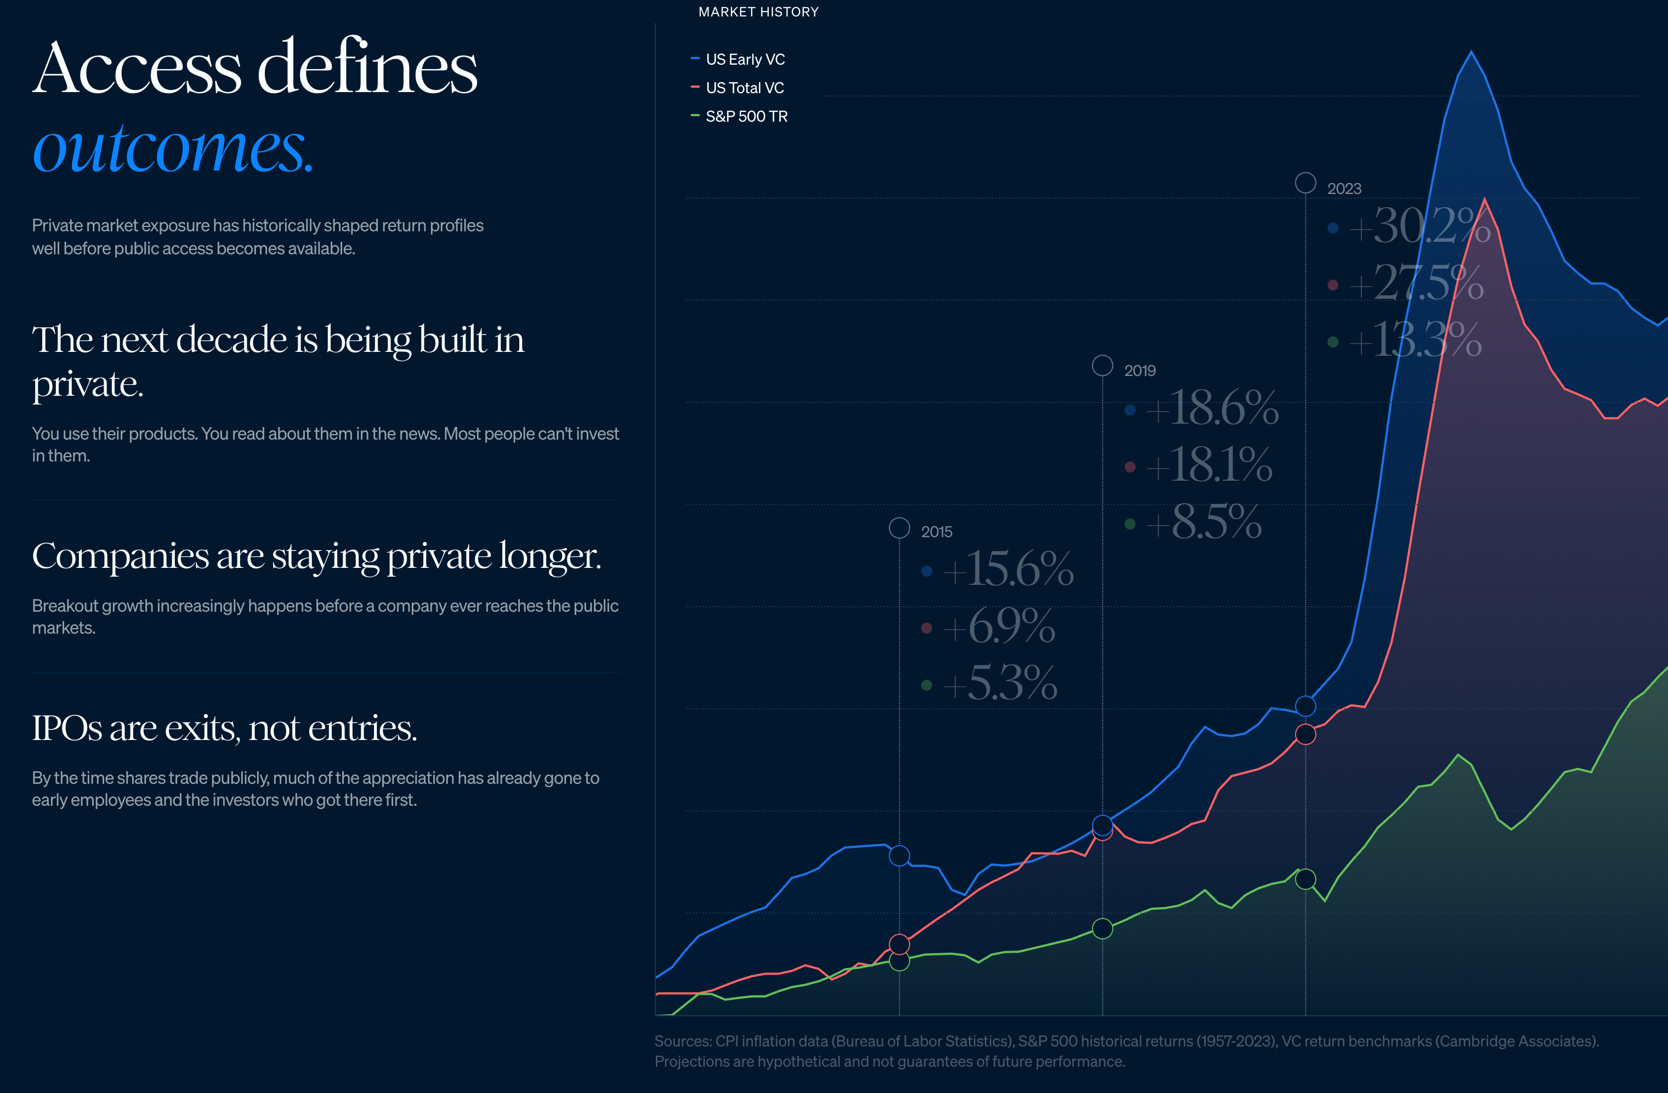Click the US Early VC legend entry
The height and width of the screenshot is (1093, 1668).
744,60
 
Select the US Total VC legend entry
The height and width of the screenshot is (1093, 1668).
744,88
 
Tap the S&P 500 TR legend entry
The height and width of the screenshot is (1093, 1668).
746,116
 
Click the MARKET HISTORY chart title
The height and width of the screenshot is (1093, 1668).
758,12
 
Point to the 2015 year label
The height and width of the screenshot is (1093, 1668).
937,532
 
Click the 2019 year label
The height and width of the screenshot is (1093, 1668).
1139,371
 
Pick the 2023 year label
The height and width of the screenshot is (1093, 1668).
1343,189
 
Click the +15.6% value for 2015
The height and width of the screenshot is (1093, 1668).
1008,568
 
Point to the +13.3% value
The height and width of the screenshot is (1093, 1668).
1415,340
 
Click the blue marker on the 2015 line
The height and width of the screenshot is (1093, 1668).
899,856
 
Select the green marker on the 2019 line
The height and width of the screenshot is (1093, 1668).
1103,929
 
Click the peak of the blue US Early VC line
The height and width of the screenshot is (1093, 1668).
1471,52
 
